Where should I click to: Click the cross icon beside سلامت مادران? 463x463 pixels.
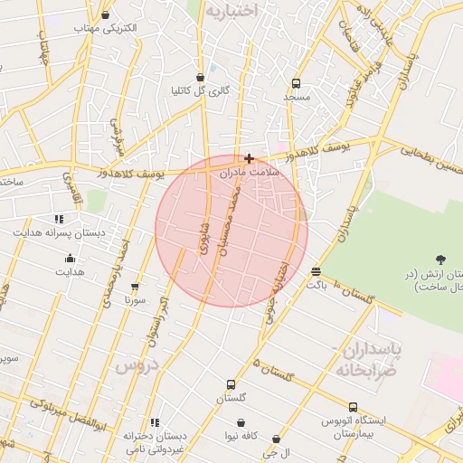tap(249, 158)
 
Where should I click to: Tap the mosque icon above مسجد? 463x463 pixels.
tap(296, 82)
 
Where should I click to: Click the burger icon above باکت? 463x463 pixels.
tap(316, 271)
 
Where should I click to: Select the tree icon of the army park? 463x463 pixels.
tap(440, 260)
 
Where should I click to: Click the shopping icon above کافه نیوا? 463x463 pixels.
tap(241, 422)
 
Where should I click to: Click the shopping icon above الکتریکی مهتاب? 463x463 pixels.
tap(106, 14)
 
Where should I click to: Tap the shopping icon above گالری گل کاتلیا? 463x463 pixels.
tap(201, 78)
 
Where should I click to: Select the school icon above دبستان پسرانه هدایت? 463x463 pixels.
tap(59, 219)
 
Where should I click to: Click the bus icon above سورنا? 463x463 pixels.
tap(135, 286)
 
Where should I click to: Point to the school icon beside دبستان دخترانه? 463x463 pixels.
tap(155, 422)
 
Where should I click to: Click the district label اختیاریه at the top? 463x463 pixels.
tap(231, 11)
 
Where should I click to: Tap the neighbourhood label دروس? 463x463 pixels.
tap(137, 365)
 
